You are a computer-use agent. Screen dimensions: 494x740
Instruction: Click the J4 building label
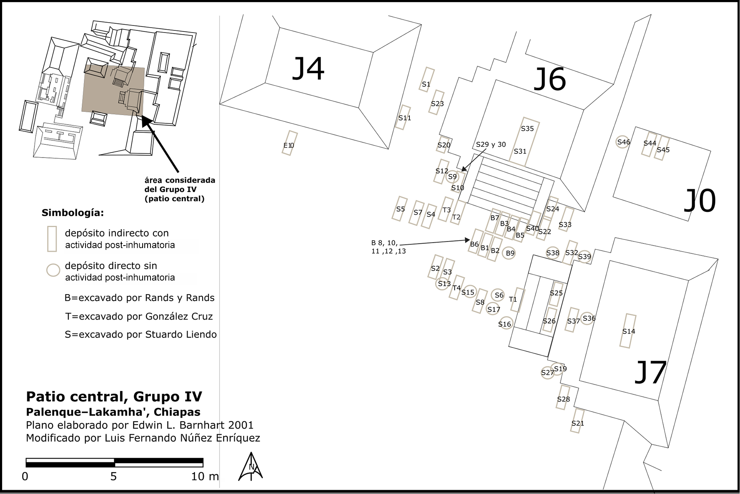point(308,69)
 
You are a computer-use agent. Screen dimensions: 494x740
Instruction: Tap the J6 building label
point(550,80)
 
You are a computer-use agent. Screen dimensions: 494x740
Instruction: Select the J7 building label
point(650,372)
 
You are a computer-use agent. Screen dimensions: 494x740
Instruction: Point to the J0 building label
point(699,201)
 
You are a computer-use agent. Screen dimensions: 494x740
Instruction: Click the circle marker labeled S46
point(623,142)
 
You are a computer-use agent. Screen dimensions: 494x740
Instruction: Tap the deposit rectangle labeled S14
point(628,331)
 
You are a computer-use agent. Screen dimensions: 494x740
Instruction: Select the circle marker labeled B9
point(510,253)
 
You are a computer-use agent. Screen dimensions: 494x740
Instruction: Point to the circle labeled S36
point(588,318)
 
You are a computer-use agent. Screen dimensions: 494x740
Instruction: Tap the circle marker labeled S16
point(505,324)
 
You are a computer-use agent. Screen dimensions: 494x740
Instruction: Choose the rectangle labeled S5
point(400,209)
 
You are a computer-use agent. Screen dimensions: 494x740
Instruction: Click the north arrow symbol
point(250,467)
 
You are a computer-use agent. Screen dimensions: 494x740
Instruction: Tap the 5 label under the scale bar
point(113,477)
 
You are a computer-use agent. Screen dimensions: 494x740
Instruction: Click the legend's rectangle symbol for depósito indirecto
point(52,239)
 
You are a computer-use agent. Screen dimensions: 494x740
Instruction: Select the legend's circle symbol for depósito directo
point(53,270)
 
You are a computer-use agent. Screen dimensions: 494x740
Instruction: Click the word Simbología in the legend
point(72,213)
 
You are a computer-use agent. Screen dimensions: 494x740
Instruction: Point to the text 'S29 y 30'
point(491,145)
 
